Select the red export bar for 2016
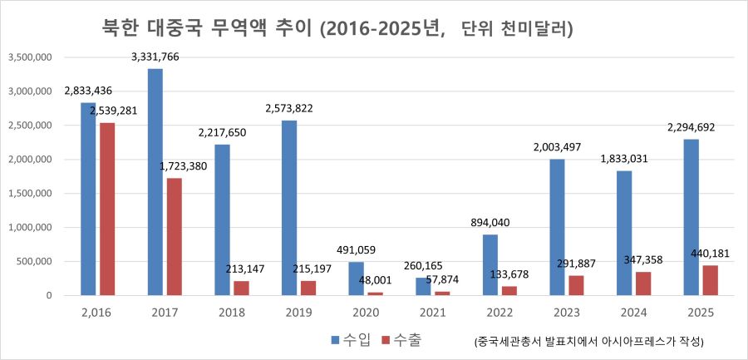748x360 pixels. pos(106,209)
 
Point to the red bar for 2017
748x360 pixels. pos(174,236)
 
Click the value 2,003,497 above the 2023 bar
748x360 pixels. pos(559,147)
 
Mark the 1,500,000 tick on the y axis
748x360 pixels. pos(30,194)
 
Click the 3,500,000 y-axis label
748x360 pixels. pos(30,57)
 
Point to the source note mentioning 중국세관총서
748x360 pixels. pos(588,341)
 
